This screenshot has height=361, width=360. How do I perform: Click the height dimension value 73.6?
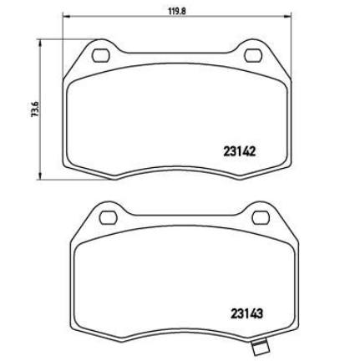35,109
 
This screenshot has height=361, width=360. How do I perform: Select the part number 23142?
239,152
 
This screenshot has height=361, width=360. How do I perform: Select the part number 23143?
246,314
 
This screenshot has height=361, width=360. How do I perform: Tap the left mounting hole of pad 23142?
100,55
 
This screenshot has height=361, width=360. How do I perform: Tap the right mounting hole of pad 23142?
253,55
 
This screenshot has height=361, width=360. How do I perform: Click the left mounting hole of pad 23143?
108,217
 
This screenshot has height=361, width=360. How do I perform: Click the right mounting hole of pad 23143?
261,217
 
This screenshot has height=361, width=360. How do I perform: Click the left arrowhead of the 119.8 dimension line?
66,17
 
